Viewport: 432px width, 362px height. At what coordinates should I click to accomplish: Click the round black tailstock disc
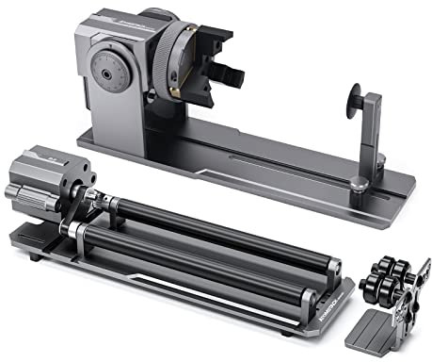pos(356,97)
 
